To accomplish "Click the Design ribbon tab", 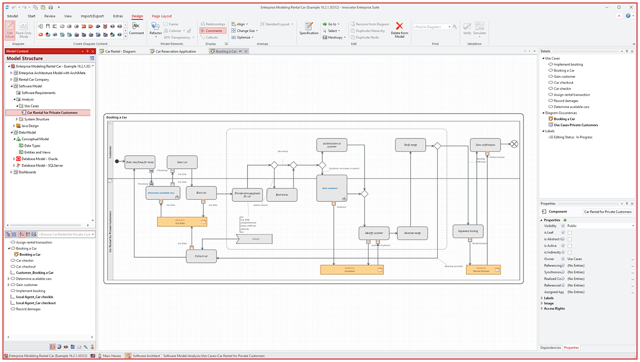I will pyautogui.click(x=137, y=16).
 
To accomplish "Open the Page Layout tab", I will pyautogui.click(x=162, y=16).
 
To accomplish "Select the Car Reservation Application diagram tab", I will pyautogui.click(x=176, y=52).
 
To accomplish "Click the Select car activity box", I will pyautogui.click(x=182, y=162).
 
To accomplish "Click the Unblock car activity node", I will pyautogui.click(x=201, y=256).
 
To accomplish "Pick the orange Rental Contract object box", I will pyautogui.click(x=483, y=270).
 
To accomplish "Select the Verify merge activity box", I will pyautogui.click(x=410, y=145).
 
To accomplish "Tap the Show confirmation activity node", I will pyautogui.click(x=485, y=145).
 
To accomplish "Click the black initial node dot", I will pyautogui.click(x=117, y=161).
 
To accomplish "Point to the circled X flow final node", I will pyautogui.click(x=514, y=144).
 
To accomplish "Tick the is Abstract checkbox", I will pyautogui.click(x=570, y=239).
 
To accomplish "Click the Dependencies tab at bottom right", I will pyautogui.click(x=551, y=348).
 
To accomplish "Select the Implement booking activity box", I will pyautogui.click(x=468, y=231).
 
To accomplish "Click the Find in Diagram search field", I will pyautogui.click(x=432, y=27).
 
